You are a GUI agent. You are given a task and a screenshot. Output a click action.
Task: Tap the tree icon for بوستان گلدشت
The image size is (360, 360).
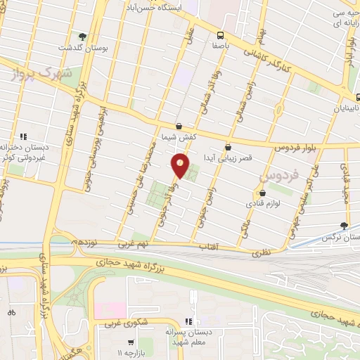(83, 36)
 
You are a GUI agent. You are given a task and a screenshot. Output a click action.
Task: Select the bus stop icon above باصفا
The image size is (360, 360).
(221, 34)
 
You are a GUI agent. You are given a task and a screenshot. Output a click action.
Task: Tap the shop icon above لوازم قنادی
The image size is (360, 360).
(262, 193)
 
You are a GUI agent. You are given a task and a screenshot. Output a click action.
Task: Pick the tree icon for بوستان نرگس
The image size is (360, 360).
(344, 225)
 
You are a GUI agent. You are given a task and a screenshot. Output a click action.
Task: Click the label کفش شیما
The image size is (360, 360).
(179, 136)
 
